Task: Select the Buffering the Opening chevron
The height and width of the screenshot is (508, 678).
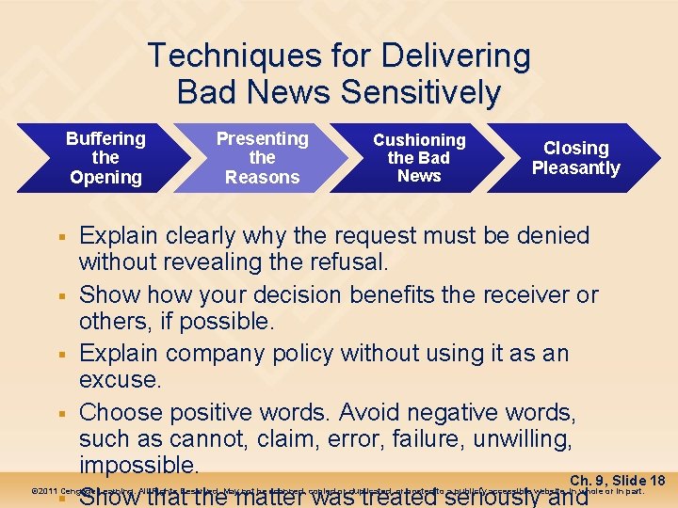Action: click(105, 157)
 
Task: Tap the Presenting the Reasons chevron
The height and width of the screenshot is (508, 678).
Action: click(262, 157)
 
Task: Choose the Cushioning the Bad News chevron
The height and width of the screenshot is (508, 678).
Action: click(419, 157)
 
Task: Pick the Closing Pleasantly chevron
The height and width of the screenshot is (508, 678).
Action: click(575, 157)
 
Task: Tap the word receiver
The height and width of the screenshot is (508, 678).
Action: click(539, 294)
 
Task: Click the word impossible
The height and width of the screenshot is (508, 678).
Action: click(138, 466)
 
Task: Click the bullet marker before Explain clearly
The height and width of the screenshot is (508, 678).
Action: click(58, 236)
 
